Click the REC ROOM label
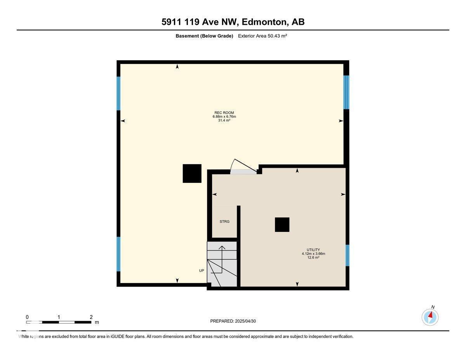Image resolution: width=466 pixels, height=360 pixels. click(224, 113)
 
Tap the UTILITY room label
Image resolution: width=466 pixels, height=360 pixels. click(313, 250)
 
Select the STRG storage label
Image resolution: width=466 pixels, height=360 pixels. click(224, 222)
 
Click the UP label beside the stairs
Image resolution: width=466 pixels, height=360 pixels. click(202, 271)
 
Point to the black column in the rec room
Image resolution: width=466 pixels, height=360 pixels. click(192, 173)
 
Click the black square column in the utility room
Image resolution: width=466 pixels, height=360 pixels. click(282, 224)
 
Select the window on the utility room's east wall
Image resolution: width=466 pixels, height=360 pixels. click(348, 255)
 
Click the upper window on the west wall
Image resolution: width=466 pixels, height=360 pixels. click(118, 93)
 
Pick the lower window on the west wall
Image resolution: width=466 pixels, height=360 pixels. click(118, 254)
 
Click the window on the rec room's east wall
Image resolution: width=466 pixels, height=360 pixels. click(346, 92)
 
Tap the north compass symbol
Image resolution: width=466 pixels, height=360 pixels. click(430, 317)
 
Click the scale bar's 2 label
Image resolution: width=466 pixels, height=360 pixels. click(91, 317)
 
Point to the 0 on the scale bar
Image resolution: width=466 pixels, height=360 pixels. click(27, 317)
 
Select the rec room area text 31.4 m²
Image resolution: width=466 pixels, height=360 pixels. click(224, 120)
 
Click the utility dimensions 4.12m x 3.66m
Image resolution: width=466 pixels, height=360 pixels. click(313, 254)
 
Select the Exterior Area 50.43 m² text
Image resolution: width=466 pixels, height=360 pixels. click(262, 36)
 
